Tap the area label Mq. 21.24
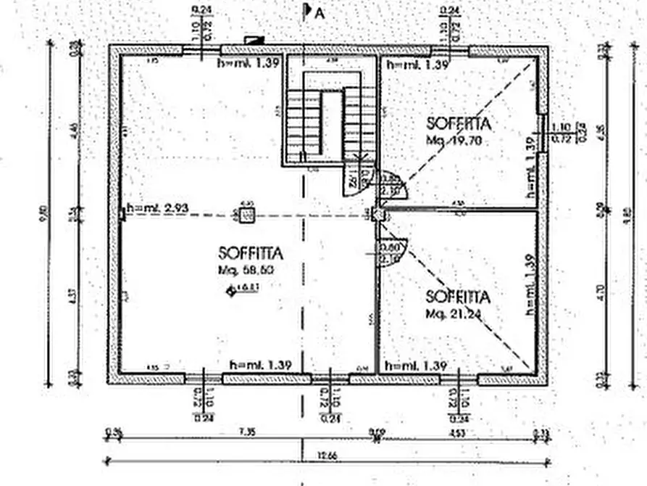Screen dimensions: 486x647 (x=454, y=314)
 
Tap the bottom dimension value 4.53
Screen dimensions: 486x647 (x=457, y=433)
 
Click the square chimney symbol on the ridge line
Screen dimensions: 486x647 (x=246, y=215)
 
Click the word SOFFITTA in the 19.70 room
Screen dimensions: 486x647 (x=459, y=123)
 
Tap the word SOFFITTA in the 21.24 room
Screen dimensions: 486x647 (x=458, y=297)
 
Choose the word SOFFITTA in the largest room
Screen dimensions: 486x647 (x=250, y=253)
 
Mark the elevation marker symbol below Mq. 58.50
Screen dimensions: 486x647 (x=232, y=291)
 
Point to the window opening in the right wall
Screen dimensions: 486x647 (x=541, y=133)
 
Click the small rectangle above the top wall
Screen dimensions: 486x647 (x=254, y=41)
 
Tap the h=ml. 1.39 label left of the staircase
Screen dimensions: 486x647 (x=249, y=63)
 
